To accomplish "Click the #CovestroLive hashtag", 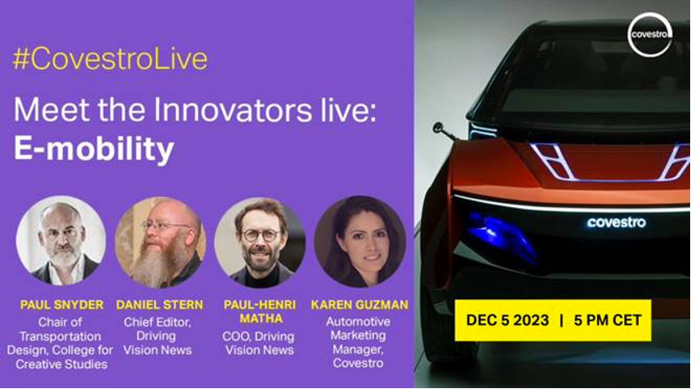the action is click(110, 60).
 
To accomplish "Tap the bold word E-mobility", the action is click(94, 149).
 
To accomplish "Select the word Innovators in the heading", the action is click(232, 110).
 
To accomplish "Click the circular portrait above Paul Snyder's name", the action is click(61, 241).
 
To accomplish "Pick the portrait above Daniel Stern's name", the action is click(160, 241).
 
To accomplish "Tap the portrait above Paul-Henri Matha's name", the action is click(260, 242).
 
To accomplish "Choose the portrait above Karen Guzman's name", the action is click(360, 241).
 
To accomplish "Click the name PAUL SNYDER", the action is click(62, 305).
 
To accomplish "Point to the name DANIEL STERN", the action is click(160, 305).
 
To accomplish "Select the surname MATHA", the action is click(260, 319).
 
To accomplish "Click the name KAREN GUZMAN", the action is click(360, 305).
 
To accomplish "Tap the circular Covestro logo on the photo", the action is click(650, 34).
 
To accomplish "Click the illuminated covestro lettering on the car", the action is click(616, 222).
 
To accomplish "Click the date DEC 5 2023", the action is click(507, 319).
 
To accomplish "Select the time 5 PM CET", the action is click(607, 319).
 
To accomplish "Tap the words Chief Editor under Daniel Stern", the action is click(158, 322).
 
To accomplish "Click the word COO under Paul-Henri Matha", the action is click(236, 336).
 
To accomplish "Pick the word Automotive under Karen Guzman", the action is click(358, 322).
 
